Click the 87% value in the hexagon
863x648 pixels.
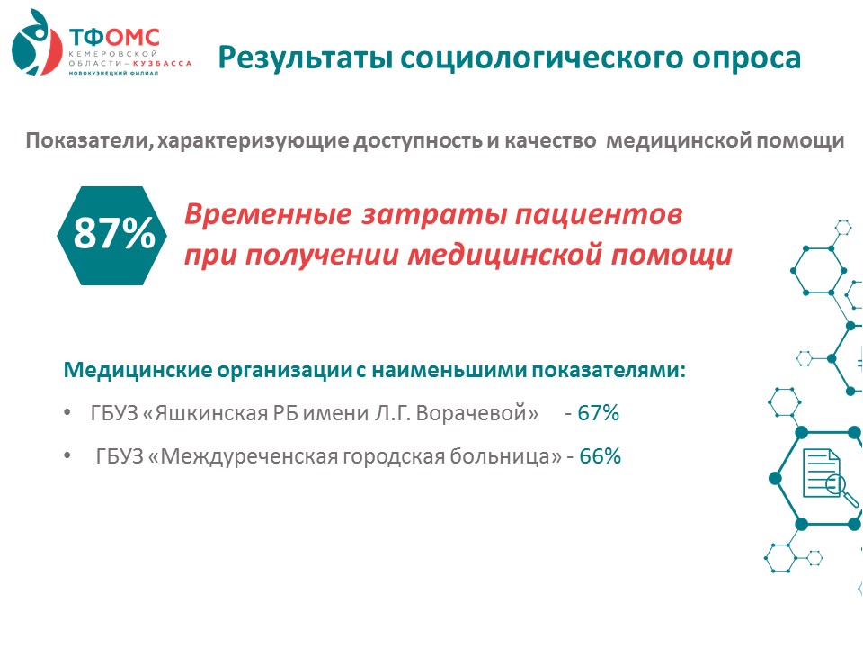[114, 233]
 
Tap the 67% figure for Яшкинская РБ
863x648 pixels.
[599, 413]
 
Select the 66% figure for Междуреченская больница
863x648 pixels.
[600, 456]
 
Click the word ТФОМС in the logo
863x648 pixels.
[114, 38]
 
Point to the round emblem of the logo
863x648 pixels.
[36, 43]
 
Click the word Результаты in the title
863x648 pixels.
[305, 58]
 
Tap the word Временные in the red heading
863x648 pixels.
[268, 214]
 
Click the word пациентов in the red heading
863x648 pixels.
[599, 215]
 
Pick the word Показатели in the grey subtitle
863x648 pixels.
[87, 141]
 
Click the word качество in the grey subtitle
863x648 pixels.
[550, 141]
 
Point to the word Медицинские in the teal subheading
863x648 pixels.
[138, 370]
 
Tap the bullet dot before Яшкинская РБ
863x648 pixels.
[67, 412]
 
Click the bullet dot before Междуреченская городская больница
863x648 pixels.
[67, 455]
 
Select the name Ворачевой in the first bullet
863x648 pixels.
[476, 413]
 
